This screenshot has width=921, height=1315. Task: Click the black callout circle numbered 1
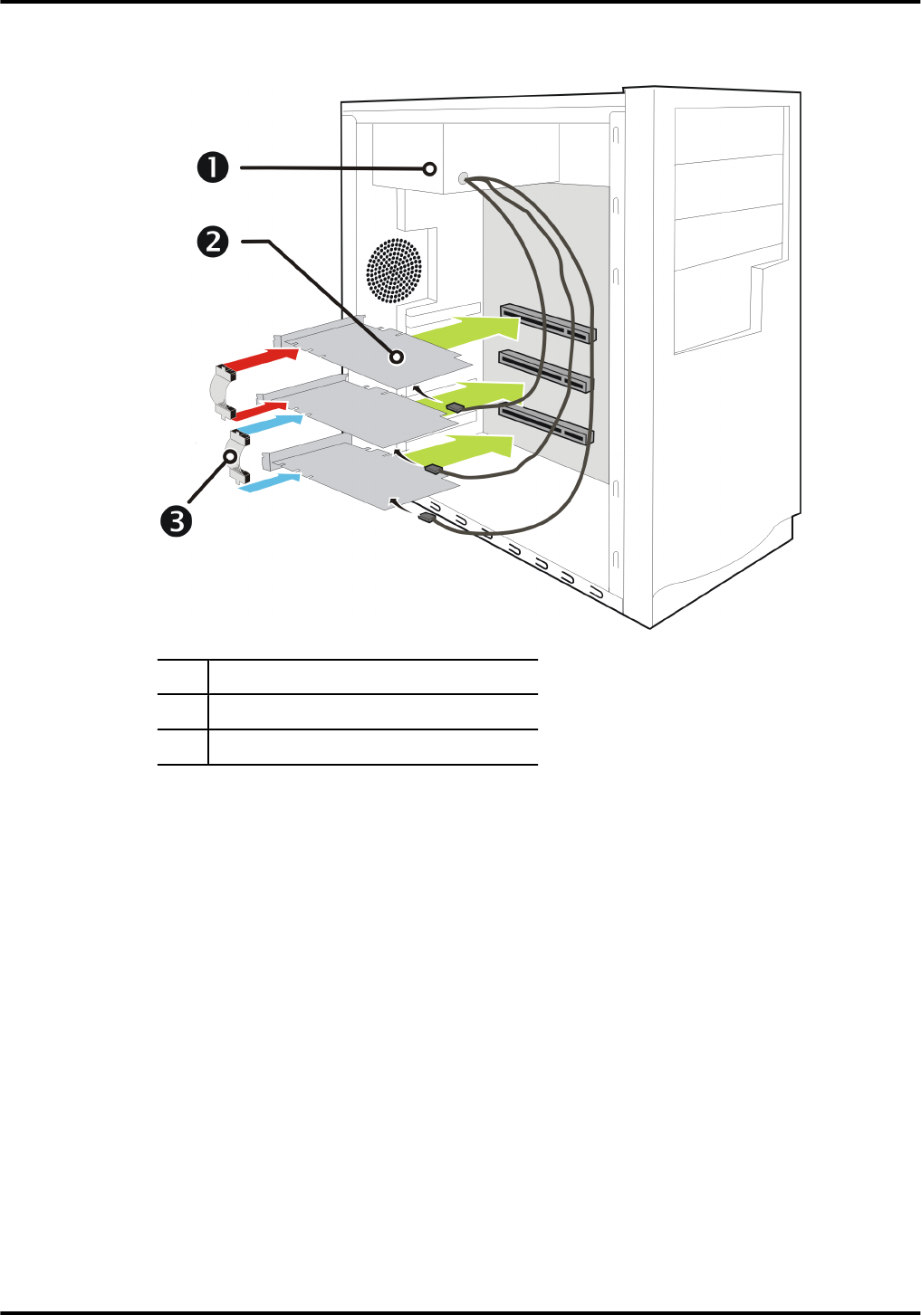point(214,167)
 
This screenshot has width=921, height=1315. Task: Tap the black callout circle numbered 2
point(213,242)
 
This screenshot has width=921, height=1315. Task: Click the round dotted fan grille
point(395,272)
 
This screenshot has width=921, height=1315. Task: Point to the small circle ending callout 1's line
point(431,168)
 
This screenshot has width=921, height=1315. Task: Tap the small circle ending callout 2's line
point(396,357)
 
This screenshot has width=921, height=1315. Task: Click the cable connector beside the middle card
point(455,407)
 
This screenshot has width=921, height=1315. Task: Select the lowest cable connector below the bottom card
point(427,518)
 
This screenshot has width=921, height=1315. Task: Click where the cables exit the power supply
point(465,178)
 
